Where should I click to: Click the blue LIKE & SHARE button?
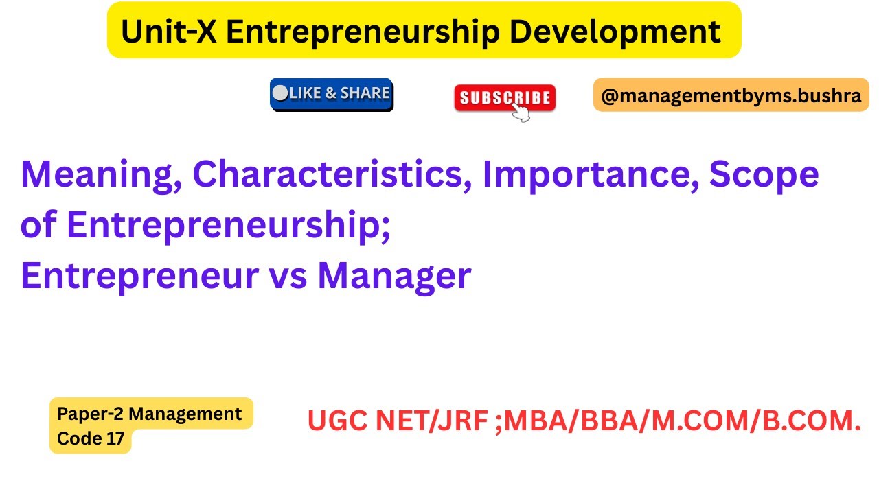332,94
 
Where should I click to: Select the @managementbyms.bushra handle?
731,95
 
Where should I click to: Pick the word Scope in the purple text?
764,175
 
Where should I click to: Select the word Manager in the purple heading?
394,276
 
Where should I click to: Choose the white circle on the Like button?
280,93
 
